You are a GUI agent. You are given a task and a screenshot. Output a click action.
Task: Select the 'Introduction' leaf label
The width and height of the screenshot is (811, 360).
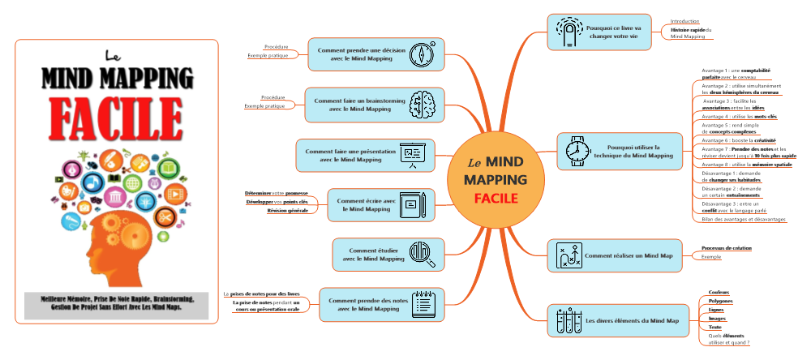[x=684, y=21]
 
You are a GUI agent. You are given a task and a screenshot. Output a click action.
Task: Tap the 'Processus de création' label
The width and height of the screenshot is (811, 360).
[x=726, y=247]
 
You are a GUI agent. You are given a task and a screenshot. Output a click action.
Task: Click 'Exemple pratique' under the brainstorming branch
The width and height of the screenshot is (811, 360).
[x=264, y=105]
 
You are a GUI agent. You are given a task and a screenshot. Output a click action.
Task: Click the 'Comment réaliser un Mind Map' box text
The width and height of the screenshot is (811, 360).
[x=629, y=255]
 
